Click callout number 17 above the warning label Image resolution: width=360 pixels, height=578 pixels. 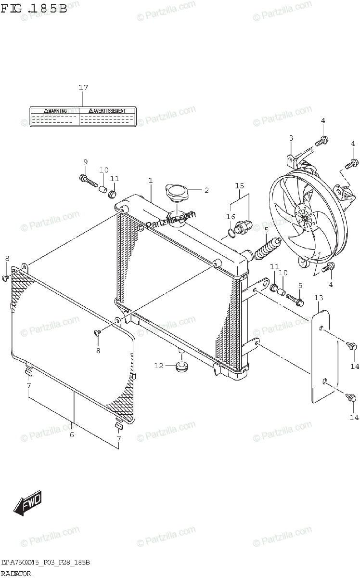pyautogui.click(x=83, y=88)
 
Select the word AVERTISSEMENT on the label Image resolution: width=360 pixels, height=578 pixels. pyautogui.click(x=106, y=111)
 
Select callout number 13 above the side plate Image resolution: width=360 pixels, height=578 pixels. pyautogui.click(x=319, y=299)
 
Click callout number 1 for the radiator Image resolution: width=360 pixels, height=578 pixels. pyautogui.click(x=151, y=181)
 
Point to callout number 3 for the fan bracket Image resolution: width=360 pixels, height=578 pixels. pyautogui.click(x=291, y=139)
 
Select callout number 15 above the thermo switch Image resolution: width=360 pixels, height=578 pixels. pyautogui.click(x=240, y=185)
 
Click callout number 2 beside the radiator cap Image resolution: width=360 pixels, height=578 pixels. pyautogui.click(x=206, y=190)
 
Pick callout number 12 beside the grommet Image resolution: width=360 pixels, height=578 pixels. pyautogui.click(x=159, y=366)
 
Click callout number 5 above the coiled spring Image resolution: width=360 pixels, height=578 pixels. pyautogui.click(x=266, y=229)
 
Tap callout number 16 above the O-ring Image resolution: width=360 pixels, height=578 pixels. pyautogui.click(x=230, y=217)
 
